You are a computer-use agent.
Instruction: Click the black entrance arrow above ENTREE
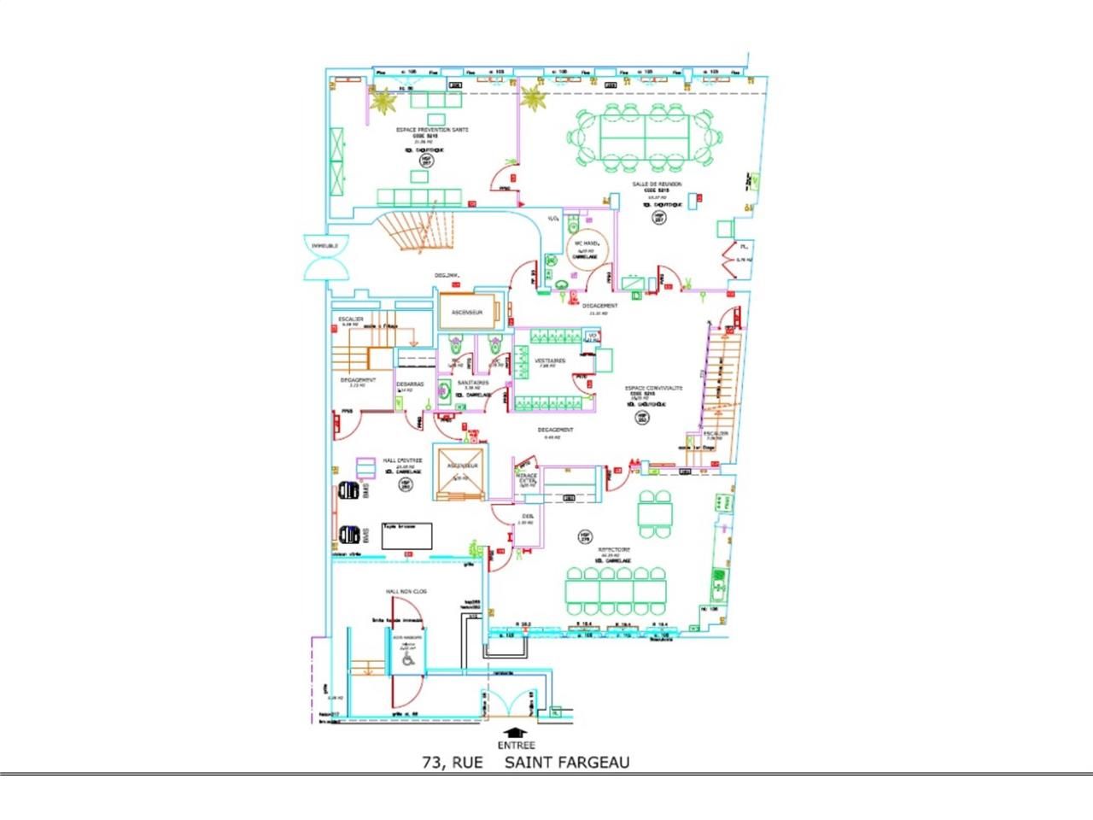click(x=514, y=732)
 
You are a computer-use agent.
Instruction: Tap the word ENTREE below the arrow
click(x=514, y=745)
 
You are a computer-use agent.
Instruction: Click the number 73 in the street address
click(x=433, y=762)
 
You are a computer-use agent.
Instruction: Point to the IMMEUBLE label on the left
click(x=324, y=245)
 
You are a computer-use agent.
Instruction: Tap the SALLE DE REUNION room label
click(x=657, y=184)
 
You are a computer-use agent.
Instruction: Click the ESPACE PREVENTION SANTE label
click(x=432, y=130)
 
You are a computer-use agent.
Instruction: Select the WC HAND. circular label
click(x=584, y=243)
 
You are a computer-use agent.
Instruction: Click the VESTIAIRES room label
click(x=551, y=361)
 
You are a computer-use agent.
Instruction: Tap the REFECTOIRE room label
click(x=614, y=549)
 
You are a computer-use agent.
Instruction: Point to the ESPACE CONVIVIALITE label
click(x=654, y=387)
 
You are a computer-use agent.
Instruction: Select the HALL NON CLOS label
click(x=406, y=591)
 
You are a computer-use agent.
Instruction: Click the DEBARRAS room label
click(x=410, y=384)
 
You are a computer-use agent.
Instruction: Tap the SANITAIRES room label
click(x=472, y=383)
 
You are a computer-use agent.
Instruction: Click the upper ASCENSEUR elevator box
click(x=467, y=313)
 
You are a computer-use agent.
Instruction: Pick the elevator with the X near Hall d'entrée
click(x=459, y=471)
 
